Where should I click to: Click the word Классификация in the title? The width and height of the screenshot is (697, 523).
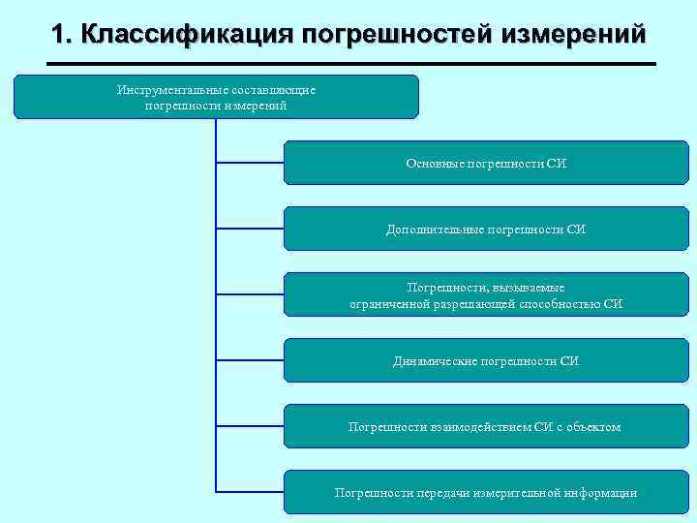(x=187, y=35)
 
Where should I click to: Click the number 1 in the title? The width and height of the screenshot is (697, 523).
(x=60, y=35)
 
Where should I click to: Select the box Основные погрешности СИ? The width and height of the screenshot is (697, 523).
(x=485, y=163)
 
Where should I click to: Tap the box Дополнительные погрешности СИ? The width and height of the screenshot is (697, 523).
(x=485, y=229)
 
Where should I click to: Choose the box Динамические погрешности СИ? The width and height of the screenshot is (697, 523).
(x=485, y=360)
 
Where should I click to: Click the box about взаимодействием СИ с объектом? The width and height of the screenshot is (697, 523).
(x=485, y=426)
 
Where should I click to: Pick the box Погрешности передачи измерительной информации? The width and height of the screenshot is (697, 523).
(x=485, y=492)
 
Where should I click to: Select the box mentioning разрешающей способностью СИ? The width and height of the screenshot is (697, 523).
(x=485, y=294)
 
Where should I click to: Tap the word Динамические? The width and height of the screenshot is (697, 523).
(x=434, y=361)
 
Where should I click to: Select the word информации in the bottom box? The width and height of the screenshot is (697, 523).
(x=602, y=493)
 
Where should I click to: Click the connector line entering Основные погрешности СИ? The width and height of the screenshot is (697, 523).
(x=250, y=163)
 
